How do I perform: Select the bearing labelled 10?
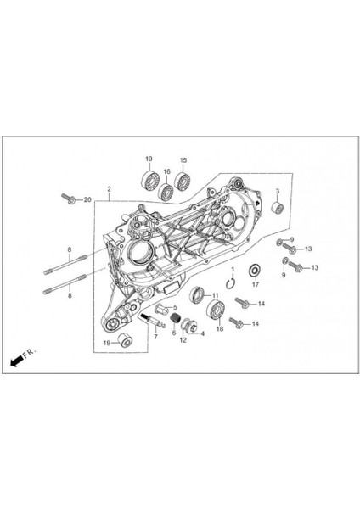click(x=150, y=179)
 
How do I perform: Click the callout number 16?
click(x=167, y=171)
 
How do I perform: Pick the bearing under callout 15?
click(x=181, y=180)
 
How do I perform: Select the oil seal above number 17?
click(x=253, y=271)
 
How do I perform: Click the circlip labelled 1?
click(x=230, y=283)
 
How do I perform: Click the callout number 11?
click(x=215, y=294)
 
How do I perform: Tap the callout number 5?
click(x=174, y=307)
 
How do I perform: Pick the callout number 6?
click(x=174, y=332)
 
